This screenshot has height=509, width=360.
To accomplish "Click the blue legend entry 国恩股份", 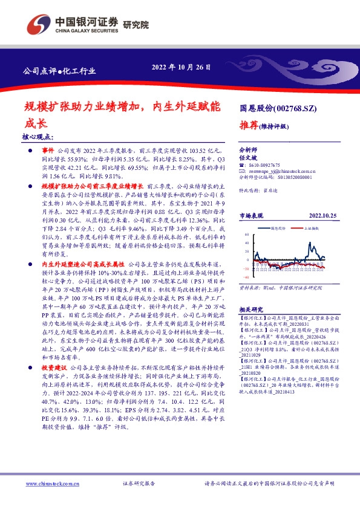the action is (x=278, y=229).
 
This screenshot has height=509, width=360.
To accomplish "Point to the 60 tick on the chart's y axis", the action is (x=247, y=233).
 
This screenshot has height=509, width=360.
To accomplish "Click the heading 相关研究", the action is (x=250, y=308).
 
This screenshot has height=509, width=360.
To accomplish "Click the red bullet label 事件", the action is (x=47, y=148).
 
